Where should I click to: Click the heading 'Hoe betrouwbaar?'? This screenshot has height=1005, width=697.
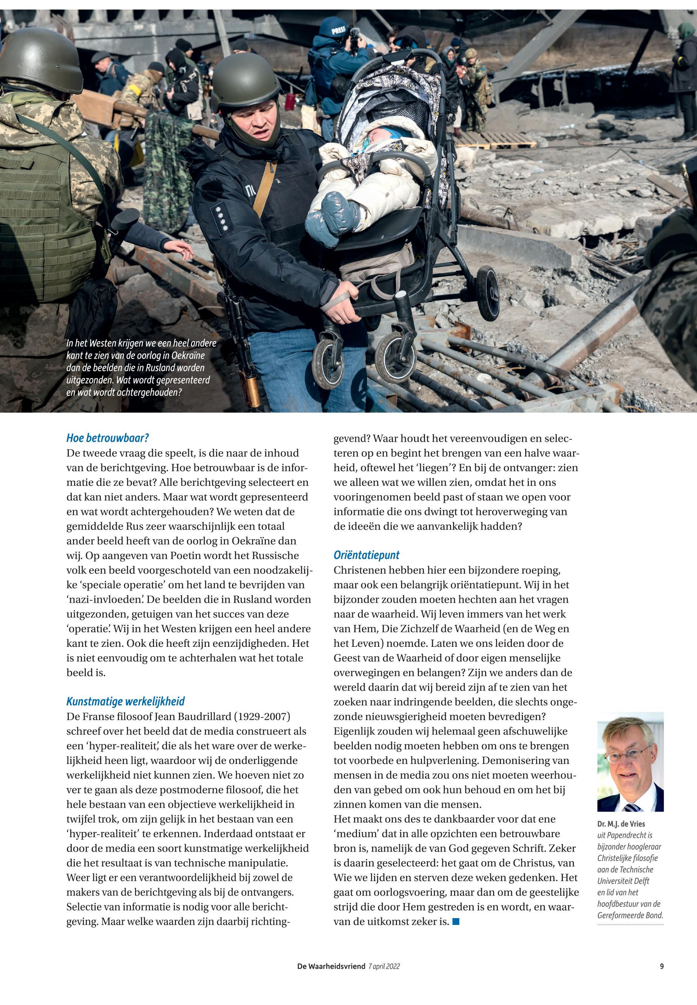pos(108,438)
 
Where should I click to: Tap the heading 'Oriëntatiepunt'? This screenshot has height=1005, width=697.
pos(366,555)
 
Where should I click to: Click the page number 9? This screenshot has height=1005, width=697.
pos(661,967)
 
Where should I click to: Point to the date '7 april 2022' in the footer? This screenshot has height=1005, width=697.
pos(384,967)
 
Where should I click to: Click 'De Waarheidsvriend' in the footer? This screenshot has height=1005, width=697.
pos(331,967)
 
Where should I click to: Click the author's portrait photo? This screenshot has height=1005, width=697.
pos(630,762)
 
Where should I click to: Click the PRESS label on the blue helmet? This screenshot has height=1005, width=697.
pos(338,31)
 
